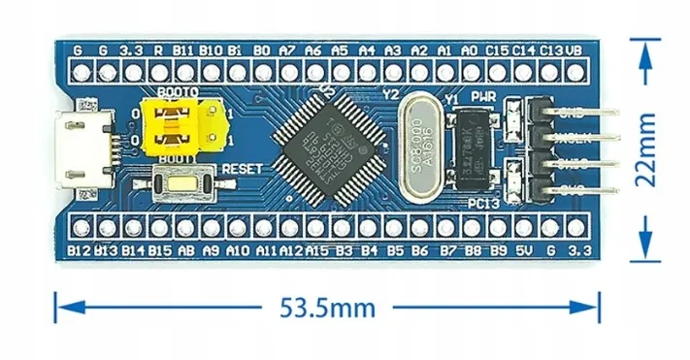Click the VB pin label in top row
[575, 49]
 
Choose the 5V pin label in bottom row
[524, 250]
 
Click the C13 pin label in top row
[551, 49]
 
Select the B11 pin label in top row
[183, 49]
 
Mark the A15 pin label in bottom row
[316, 250]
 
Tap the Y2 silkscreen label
[392, 94]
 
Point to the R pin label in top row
[157, 49]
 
